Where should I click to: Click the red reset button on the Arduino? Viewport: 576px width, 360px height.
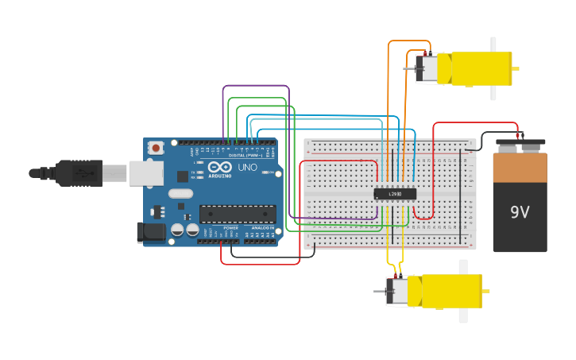(157, 147)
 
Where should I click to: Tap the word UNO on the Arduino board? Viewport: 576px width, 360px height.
(248, 168)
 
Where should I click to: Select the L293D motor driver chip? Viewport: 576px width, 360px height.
(395, 193)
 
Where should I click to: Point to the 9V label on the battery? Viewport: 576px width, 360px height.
(520, 212)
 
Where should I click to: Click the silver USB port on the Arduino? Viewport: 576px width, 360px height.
(145, 173)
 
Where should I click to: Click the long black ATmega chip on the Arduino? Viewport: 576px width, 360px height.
(238, 213)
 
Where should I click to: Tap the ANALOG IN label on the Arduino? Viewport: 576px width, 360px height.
(262, 228)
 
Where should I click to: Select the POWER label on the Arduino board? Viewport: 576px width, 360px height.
(230, 228)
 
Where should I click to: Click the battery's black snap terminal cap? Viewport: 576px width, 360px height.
(520, 146)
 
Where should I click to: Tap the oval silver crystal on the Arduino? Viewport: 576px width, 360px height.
(180, 193)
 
